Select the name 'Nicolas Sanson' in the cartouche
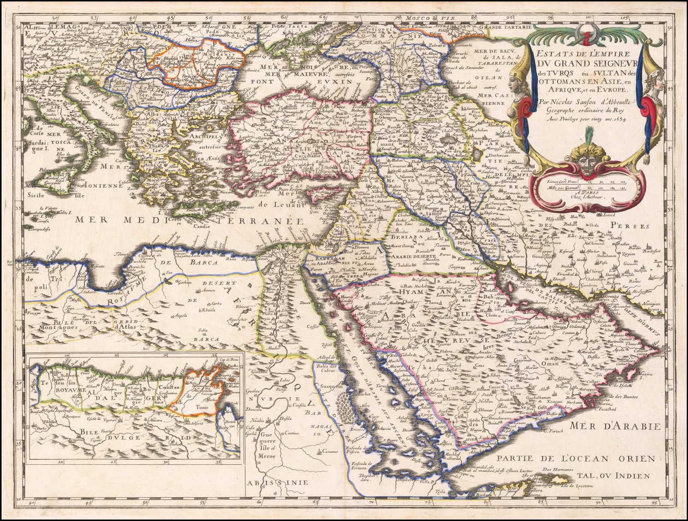573,101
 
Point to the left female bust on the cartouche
517,82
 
